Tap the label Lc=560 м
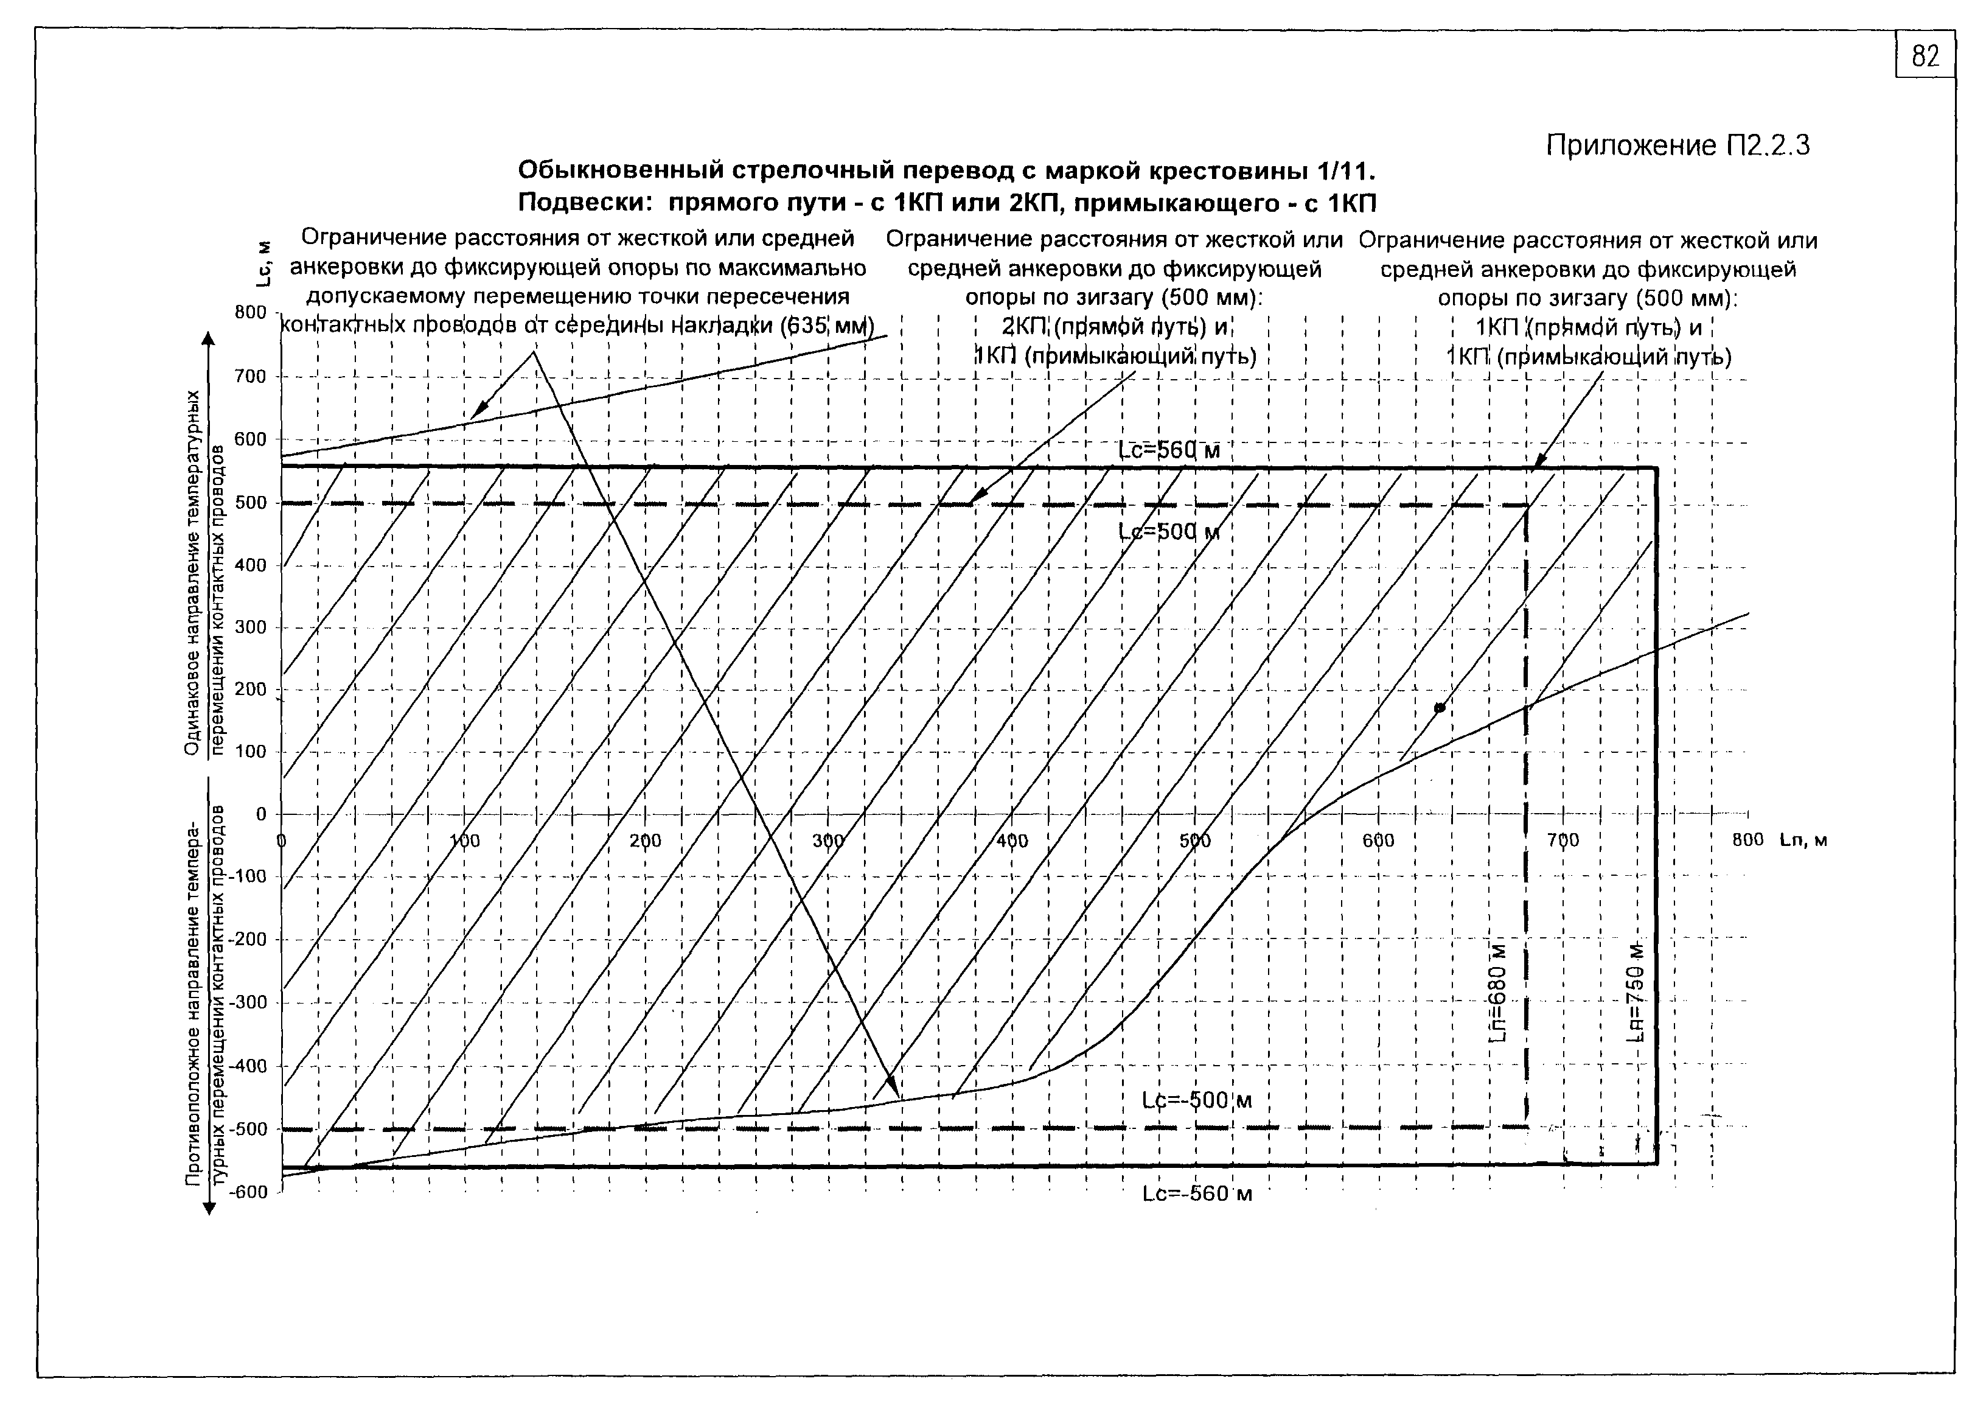click(x=1169, y=451)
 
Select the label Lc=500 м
click(x=1169, y=531)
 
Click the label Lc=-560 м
click(x=1196, y=1194)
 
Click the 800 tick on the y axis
click(x=250, y=312)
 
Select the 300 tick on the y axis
click(x=250, y=627)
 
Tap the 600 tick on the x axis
click(x=1378, y=841)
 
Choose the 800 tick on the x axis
click(x=1747, y=840)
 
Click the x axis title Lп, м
click(x=1803, y=840)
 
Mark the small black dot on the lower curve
click(x=1440, y=708)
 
